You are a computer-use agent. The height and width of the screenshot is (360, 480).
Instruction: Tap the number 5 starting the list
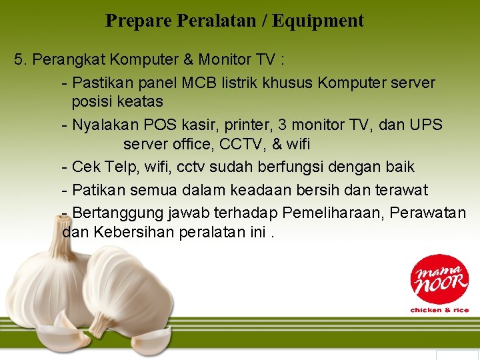[19, 60]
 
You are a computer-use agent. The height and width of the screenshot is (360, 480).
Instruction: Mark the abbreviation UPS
[426, 125]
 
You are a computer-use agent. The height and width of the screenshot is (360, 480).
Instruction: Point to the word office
[195, 144]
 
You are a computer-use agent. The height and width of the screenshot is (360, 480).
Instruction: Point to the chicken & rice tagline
[439, 310]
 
